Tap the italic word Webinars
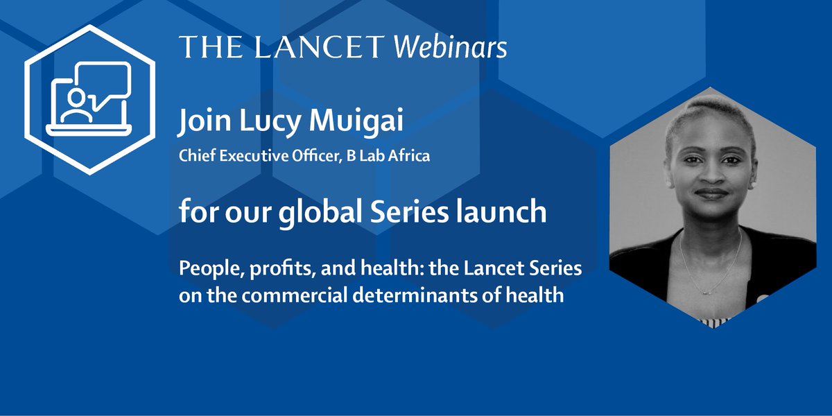click(x=450, y=47)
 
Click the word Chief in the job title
click(x=196, y=155)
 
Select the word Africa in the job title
click(x=408, y=155)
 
